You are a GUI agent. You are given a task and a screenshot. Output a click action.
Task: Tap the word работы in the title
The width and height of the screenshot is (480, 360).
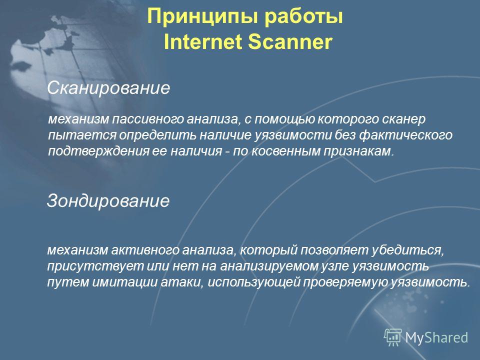click(303, 17)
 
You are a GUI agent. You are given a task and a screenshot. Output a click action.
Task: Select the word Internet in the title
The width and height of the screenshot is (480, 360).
click(203, 41)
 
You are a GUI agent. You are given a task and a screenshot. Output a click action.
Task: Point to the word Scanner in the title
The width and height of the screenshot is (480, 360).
click(290, 41)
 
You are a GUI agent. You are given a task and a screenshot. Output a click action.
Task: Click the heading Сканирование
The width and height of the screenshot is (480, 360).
click(108, 88)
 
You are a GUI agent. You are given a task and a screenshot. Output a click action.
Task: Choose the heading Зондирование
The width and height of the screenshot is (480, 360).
click(108, 201)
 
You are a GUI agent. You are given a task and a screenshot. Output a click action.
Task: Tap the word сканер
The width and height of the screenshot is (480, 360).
click(404, 119)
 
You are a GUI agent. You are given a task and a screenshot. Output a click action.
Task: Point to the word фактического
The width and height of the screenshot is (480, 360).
click(406, 135)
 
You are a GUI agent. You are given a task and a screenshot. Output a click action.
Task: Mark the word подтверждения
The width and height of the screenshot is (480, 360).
click(98, 151)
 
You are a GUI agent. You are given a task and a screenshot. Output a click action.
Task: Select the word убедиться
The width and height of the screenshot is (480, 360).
click(408, 250)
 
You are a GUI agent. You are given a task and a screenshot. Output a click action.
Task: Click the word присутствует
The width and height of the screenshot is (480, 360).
click(95, 266)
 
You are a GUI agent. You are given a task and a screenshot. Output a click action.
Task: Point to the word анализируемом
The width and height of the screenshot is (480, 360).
click(269, 266)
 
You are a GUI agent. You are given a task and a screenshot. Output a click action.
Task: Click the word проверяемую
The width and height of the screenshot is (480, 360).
click(345, 282)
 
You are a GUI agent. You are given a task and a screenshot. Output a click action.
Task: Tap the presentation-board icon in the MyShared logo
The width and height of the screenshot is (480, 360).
click(393, 337)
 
